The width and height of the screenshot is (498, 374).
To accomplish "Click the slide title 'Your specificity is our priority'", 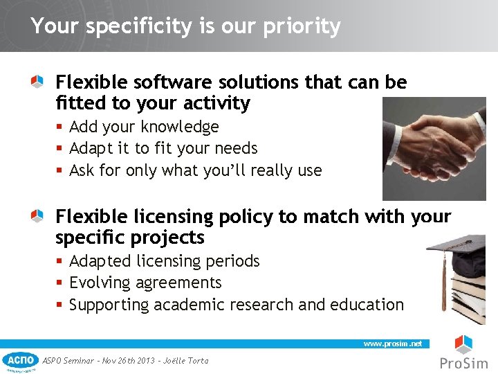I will (185, 26).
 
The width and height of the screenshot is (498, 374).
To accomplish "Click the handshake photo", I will (434, 148).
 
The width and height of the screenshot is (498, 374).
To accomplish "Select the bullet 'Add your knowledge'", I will (144, 127).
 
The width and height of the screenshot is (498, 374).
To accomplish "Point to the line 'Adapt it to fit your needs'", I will (163, 148).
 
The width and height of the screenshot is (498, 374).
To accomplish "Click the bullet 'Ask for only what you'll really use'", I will (196, 170).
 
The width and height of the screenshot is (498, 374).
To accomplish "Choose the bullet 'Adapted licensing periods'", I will (165, 261).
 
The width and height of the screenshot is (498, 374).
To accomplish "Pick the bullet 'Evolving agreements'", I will (145, 283).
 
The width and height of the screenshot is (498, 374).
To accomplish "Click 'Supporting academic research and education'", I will (237, 305).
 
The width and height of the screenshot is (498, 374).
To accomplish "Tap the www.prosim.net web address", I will (392, 344).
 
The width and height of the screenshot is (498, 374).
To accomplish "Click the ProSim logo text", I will (463, 364).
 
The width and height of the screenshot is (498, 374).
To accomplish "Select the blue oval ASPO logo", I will (21, 359).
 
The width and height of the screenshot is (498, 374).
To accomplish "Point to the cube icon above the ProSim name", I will (463, 344).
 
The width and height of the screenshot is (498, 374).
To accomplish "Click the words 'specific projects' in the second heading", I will (130, 238).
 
